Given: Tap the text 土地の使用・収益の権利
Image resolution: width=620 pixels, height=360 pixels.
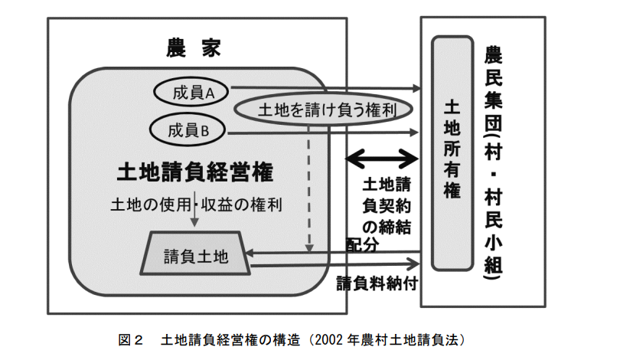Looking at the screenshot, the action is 197,205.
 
